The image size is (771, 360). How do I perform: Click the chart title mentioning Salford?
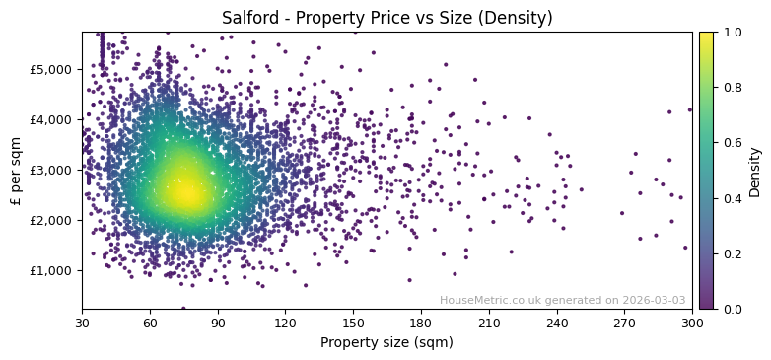click(x=386, y=18)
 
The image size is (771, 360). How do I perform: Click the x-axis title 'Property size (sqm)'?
click(x=386, y=342)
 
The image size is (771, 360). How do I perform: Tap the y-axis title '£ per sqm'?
click(x=16, y=170)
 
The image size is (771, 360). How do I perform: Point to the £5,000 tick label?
click(x=52, y=69)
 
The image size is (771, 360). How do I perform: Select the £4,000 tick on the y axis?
click(x=52, y=119)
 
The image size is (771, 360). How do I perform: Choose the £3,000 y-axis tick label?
click(x=52, y=170)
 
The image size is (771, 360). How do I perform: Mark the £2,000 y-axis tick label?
click(x=52, y=220)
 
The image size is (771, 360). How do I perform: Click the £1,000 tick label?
click(x=52, y=270)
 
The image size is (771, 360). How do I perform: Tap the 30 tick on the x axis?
click(x=82, y=323)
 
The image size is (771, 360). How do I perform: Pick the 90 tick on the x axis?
click(x=218, y=323)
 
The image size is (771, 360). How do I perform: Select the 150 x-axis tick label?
click(x=353, y=323)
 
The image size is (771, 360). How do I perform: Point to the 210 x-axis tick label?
click(x=489, y=323)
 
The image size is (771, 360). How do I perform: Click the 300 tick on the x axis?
click(x=692, y=323)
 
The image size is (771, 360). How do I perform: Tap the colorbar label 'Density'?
click(x=755, y=170)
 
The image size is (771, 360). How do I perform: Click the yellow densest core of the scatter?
click(x=184, y=192)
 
